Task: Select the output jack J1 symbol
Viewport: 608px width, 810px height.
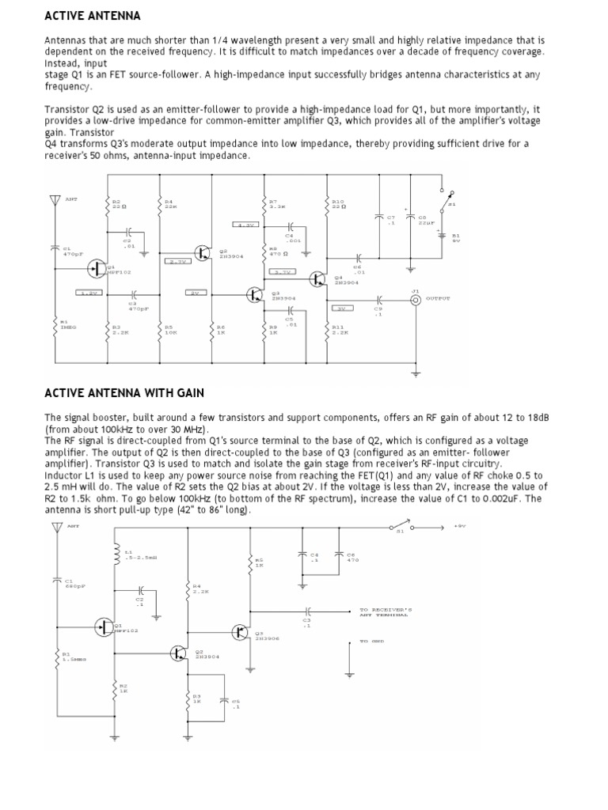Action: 415,299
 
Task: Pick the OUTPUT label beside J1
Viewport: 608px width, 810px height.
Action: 438,299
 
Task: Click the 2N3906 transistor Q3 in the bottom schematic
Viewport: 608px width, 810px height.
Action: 241,631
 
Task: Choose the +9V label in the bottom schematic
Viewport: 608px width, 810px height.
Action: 460,524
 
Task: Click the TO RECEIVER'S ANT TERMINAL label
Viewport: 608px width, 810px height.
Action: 385,612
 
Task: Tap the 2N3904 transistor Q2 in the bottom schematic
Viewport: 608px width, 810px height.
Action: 180,652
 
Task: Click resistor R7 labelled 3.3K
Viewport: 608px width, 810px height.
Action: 266,207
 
